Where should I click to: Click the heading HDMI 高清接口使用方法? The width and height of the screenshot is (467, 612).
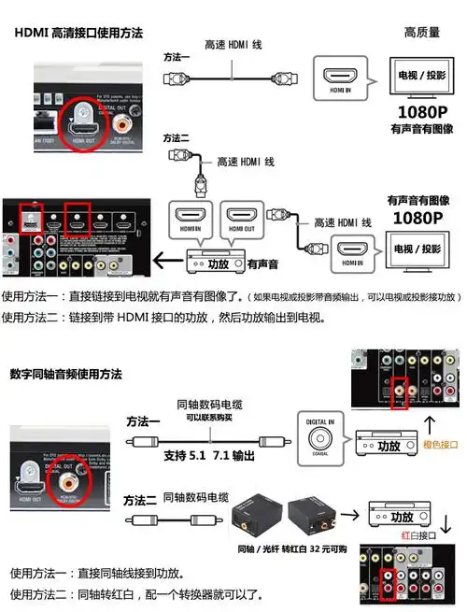point(79,32)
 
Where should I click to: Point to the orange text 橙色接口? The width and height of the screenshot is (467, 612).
point(442,445)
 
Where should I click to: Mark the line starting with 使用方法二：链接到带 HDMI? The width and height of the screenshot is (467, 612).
point(163,317)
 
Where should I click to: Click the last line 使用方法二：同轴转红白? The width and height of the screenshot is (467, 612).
point(136,594)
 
